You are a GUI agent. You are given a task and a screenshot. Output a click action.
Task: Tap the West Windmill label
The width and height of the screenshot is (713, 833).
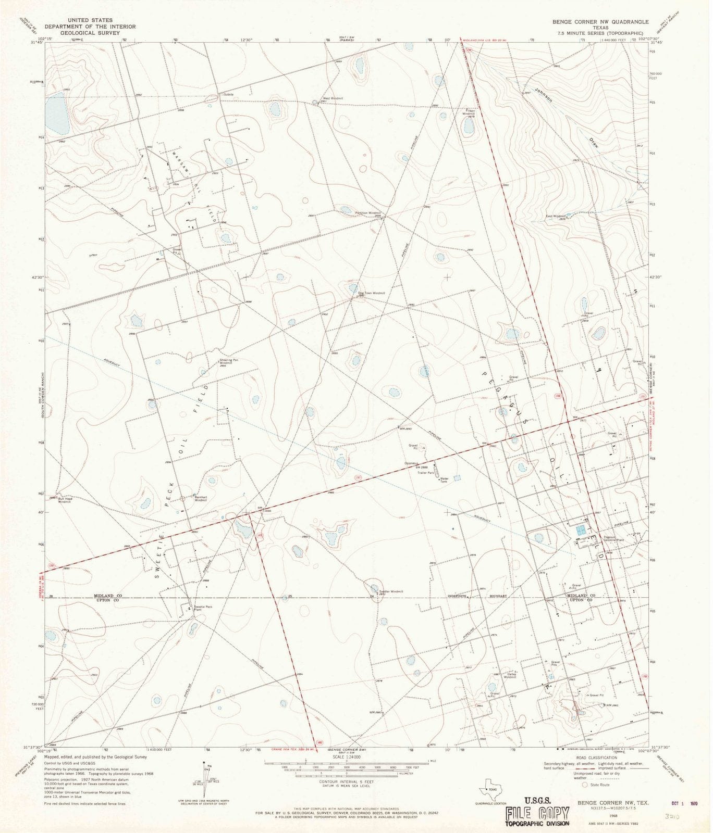coord(333,98)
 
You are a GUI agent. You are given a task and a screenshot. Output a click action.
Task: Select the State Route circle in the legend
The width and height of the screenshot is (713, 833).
coord(585,784)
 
